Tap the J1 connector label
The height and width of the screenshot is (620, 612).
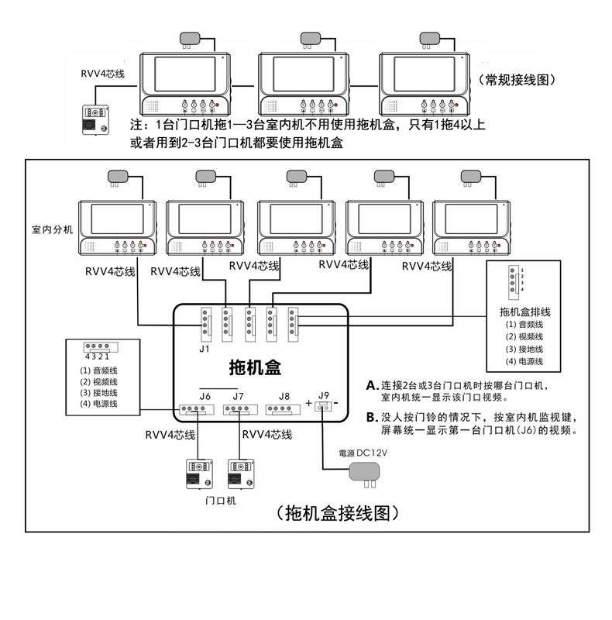point(204,348)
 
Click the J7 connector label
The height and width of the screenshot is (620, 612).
point(238,396)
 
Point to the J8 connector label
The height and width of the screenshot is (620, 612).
point(284,396)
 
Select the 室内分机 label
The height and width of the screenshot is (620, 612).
point(52,230)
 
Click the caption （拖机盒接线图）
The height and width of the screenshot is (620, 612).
point(335,513)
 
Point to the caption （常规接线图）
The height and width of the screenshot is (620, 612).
point(517,80)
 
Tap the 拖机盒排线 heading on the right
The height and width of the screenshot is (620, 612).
point(524,312)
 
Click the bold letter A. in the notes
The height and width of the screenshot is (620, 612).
point(372,385)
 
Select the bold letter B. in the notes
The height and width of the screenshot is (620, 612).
point(372,417)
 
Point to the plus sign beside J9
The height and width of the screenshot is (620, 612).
point(309,404)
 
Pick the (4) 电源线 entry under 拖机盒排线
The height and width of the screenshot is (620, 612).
point(524,361)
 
